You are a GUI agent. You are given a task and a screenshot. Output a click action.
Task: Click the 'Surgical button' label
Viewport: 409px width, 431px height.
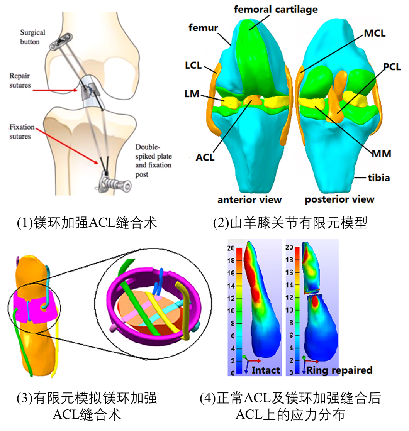32,37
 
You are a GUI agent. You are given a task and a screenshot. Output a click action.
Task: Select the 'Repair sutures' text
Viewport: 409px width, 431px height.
20,81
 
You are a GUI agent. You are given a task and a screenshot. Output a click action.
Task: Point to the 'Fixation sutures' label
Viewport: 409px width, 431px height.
20,131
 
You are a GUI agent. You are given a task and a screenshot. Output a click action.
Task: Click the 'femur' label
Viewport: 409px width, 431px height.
203,27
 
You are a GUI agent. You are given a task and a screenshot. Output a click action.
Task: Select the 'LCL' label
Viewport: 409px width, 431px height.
193,65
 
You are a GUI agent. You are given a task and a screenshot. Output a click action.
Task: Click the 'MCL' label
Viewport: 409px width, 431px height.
374,33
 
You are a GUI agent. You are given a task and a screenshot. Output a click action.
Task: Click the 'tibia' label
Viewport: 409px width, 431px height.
378,178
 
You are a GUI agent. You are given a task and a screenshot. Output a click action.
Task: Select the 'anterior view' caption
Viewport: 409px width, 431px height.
249,199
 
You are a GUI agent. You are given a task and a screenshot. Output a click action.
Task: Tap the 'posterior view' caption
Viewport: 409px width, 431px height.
339,199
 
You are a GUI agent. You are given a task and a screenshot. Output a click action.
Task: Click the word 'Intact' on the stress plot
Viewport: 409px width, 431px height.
266,370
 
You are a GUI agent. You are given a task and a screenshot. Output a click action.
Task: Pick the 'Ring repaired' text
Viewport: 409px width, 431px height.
339,370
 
